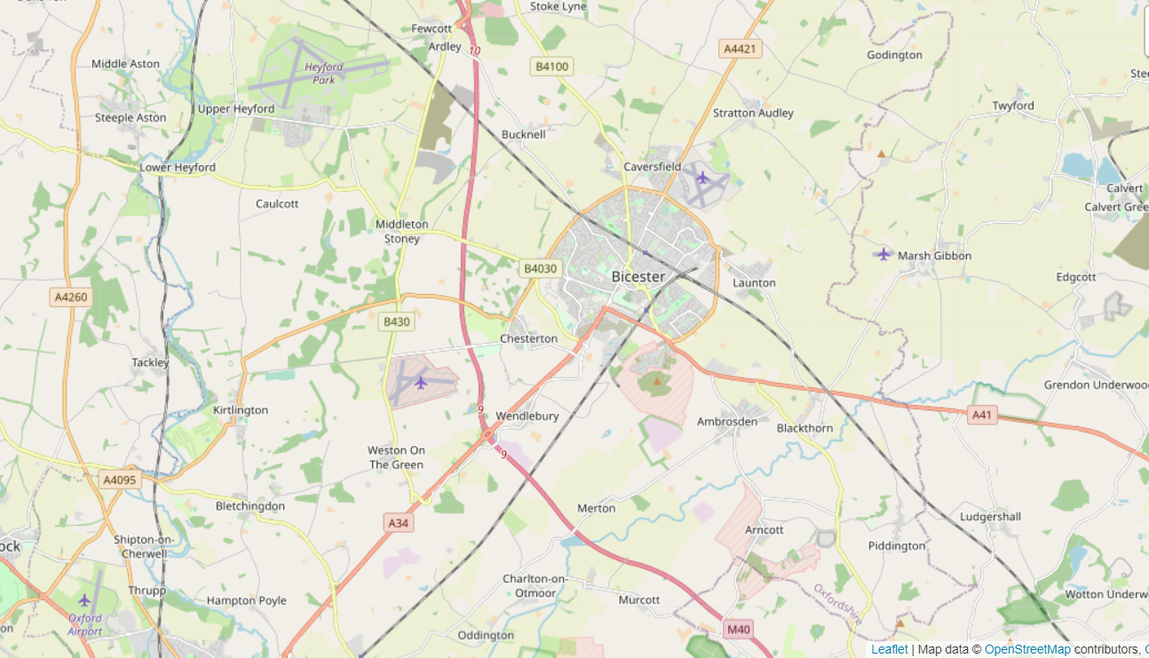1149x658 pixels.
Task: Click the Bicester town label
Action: pos(638,277)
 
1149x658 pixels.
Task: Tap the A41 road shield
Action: pos(981,415)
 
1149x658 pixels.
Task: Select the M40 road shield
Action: pos(738,630)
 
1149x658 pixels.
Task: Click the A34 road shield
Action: pos(399,523)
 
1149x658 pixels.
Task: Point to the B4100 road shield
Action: pos(552,66)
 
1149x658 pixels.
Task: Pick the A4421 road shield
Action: pos(739,49)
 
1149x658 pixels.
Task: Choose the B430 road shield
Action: pos(395,321)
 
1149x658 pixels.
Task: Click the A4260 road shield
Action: pos(71,297)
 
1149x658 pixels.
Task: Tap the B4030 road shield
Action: pos(540,268)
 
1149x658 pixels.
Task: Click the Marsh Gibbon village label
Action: pos(934,256)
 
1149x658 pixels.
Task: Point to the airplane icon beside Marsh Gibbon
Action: pos(883,255)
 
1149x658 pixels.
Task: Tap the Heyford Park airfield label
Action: pos(323,73)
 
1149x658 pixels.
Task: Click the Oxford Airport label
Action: pos(85,625)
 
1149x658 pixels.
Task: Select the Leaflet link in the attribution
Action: pos(889,649)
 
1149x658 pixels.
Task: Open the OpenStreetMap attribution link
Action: pos(1027,649)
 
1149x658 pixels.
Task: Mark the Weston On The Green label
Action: pos(396,457)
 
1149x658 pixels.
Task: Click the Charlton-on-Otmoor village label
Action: pos(535,586)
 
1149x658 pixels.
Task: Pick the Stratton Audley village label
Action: pos(753,113)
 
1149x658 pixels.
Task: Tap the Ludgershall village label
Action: pos(990,517)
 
